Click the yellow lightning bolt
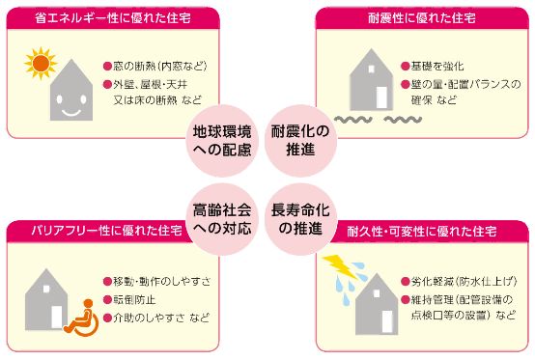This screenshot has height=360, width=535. point(337,263)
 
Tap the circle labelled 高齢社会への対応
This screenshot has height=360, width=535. point(221,218)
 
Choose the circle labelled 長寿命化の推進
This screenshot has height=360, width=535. point(300,218)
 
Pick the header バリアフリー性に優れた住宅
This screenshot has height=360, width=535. point(97,230)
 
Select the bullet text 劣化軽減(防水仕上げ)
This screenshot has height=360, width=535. point(461,282)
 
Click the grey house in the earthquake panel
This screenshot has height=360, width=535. point(362,81)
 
